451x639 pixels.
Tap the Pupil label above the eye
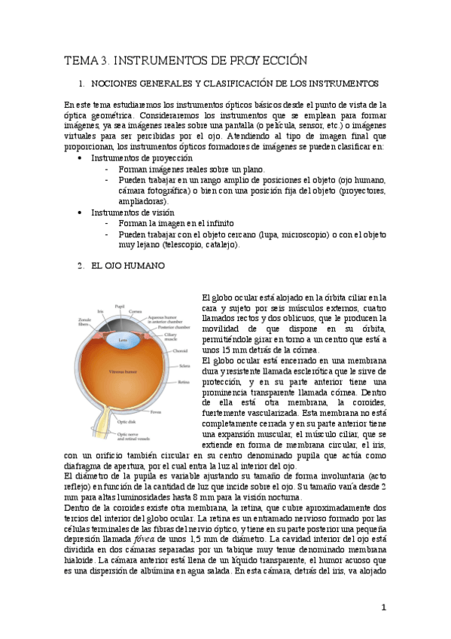119,306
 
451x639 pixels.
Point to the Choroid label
178,350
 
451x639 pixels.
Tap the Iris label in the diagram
100,310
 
